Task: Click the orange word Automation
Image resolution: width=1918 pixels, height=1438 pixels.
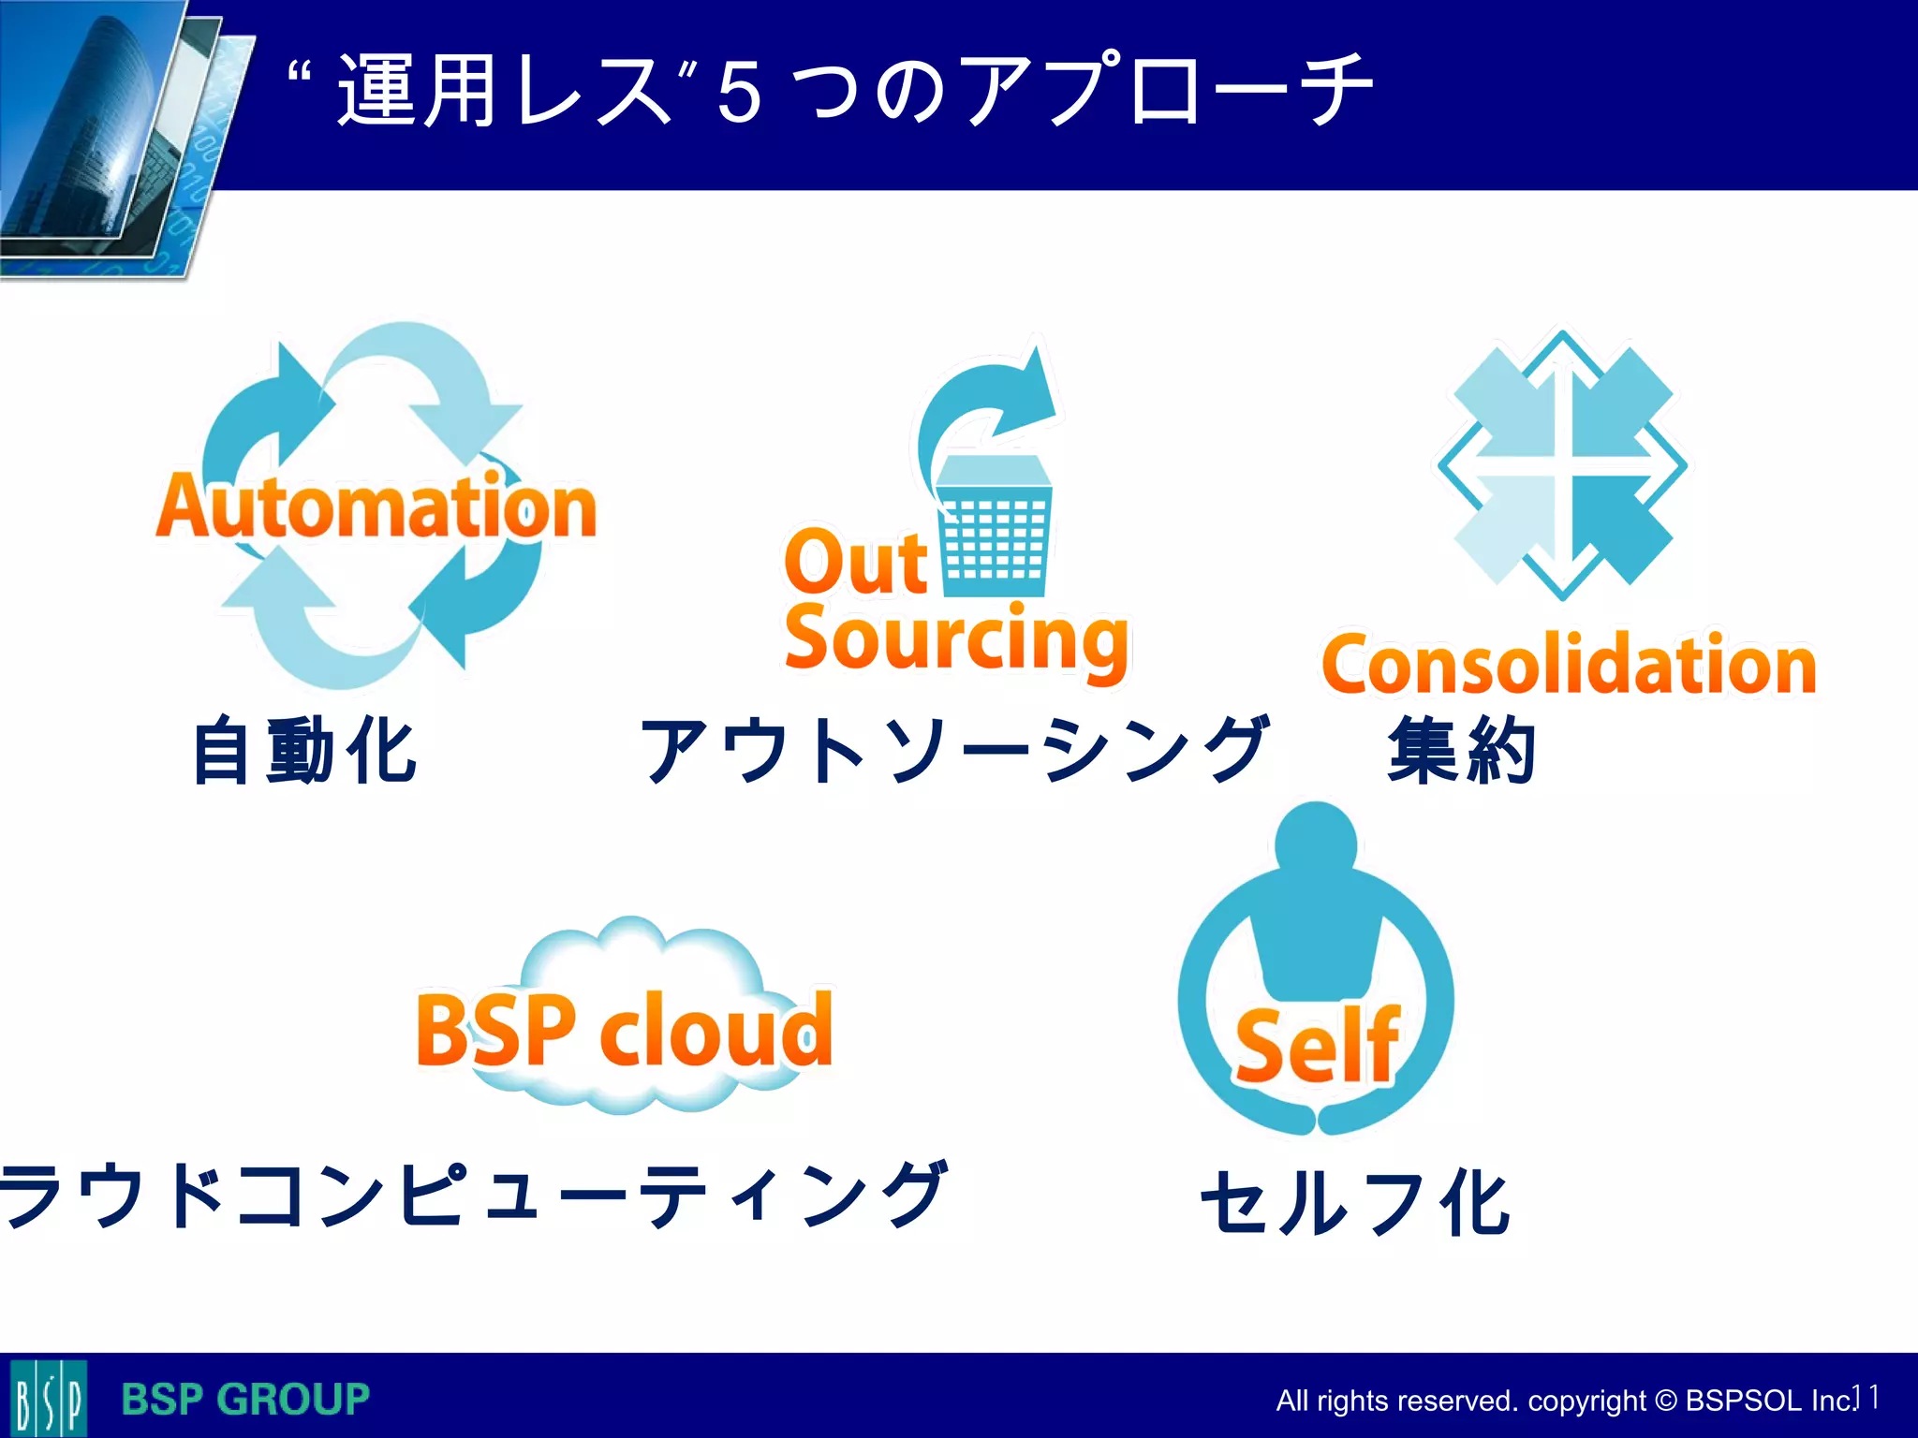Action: pyautogui.click(x=376, y=506)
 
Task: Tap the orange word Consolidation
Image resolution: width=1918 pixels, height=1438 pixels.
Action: pyautogui.click(x=1569, y=665)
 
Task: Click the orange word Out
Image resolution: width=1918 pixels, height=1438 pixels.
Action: pyautogui.click(x=856, y=562)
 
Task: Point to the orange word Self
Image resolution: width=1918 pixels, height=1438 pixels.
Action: pyautogui.click(x=1316, y=1046)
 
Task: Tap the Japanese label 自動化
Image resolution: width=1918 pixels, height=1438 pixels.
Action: pyautogui.click(x=304, y=751)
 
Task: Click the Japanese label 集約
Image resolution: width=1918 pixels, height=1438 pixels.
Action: pyautogui.click(x=1461, y=751)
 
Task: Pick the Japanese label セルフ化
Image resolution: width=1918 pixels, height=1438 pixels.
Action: pyautogui.click(x=1355, y=1203)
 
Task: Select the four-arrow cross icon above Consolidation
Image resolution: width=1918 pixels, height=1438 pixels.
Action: pyautogui.click(x=1562, y=465)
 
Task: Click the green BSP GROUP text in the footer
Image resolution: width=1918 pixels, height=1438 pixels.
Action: pyautogui.click(x=245, y=1400)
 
